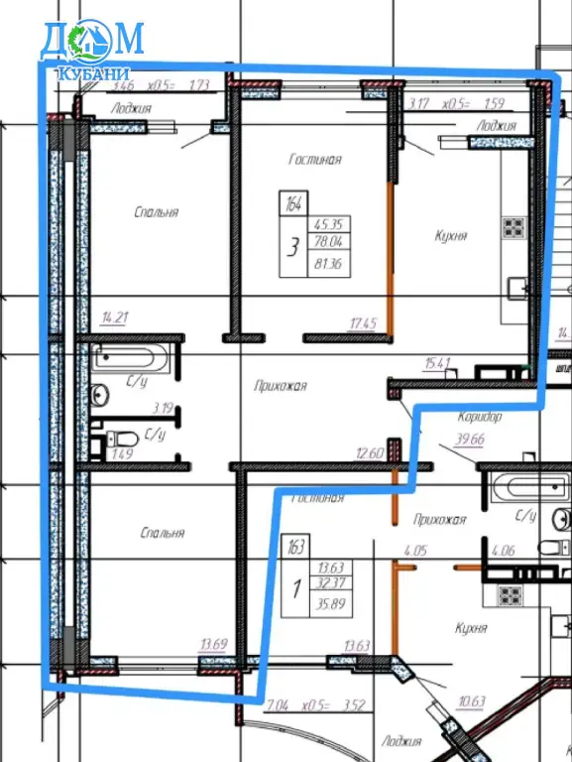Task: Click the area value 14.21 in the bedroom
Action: pyautogui.click(x=116, y=318)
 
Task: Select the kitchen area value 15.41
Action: pyautogui.click(x=437, y=363)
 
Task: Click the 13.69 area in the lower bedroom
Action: pyautogui.click(x=213, y=644)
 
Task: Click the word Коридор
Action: pyautogui.click(x=480, y=417)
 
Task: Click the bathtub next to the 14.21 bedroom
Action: pyautogui.click(x=133, y=358)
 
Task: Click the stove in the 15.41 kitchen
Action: pyautogui.click(x=514, y=226)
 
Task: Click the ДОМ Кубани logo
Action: pyautogui.click(x=91, y=49)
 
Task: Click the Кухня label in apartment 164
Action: pyautogui.click(x=450, y=236)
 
